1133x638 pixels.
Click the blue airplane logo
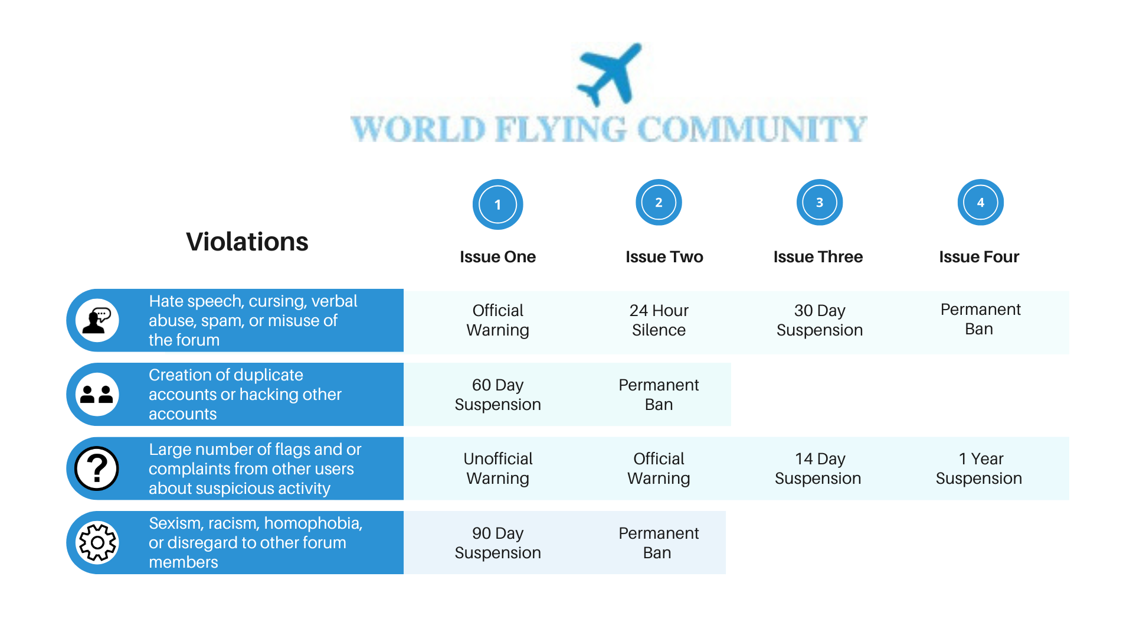(x=609, y=74)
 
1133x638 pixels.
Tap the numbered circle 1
(x=497, y=204)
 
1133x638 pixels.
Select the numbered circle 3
(x=820, y=202)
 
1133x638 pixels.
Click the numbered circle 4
(x=980, y=202)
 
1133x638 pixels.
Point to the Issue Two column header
(x=664, y=257)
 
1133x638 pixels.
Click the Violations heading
(x=247, y=242)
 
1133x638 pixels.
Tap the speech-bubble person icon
(x=97, y=321)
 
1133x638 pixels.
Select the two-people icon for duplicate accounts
(x=97, y=395)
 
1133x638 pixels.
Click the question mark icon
(x=97, y=468)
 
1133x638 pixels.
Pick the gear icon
(x=97, y=542)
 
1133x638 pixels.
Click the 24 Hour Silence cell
(x=659, y=320)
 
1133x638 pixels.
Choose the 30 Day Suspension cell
(x=820, y=320)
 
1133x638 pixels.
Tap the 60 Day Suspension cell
(x=497, y=395)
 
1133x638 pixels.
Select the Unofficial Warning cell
(x=497, y=468)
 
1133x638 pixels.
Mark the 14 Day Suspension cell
(x=818, y=468)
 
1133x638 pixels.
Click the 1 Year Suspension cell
(x=979, y=468)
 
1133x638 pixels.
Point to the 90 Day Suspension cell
(x=497, y=543)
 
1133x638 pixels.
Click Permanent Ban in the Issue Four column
(x=980, y=319)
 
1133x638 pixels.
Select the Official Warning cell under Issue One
(x=497, y=320)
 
